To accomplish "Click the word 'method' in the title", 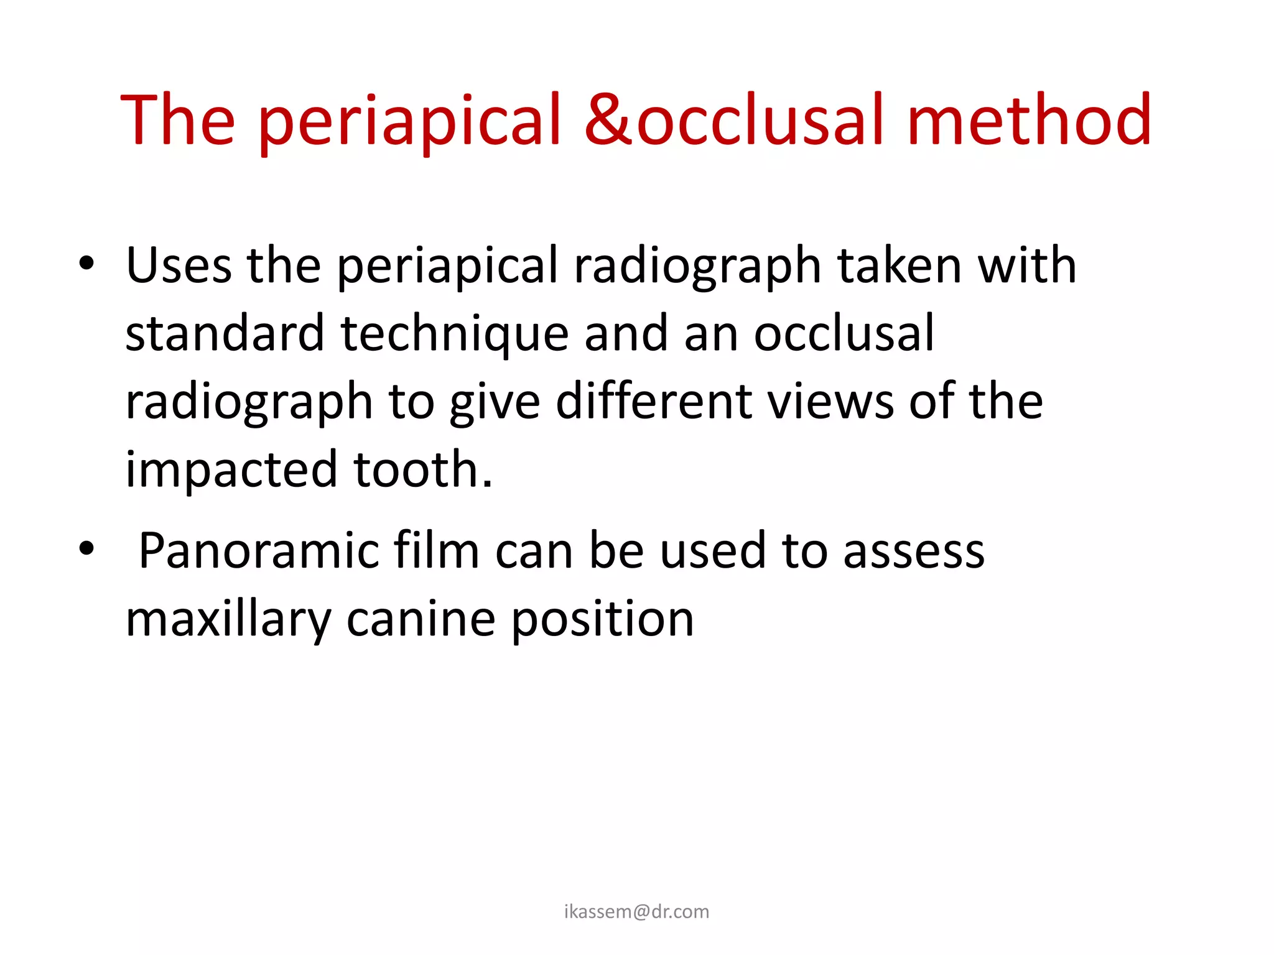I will coord(1029,119).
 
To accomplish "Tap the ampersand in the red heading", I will coord(608,119).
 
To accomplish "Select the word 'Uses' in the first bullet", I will coord(179,265).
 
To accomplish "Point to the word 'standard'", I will coord(225,333).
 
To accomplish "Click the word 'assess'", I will coord(914,552).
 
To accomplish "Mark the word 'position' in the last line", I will coord(602,621).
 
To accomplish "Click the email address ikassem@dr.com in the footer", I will coord(636,911).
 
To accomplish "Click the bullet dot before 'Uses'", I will coord(86,264).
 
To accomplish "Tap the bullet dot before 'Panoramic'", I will coord(86,549).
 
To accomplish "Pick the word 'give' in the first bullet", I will coord(495,403).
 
